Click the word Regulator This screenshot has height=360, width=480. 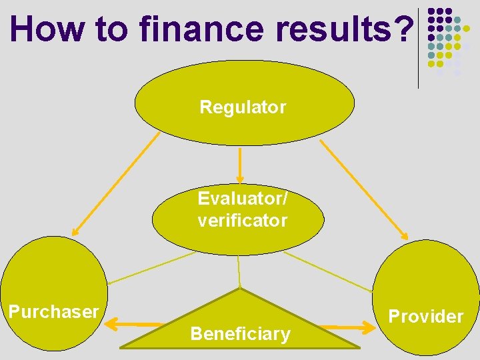(243, 107)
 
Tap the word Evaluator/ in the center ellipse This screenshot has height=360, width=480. (243, 199)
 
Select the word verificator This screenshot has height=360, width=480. (243, 220)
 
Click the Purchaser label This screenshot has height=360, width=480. (53, 311)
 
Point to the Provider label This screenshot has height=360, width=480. (425, 316)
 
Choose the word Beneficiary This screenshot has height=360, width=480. (240, 333)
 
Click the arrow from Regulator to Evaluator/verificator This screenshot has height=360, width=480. (240, 167)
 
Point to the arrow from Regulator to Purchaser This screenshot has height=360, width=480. (117, 183)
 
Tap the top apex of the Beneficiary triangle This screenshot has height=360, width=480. (239, 289)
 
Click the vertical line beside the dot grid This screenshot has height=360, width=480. (418, 47)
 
